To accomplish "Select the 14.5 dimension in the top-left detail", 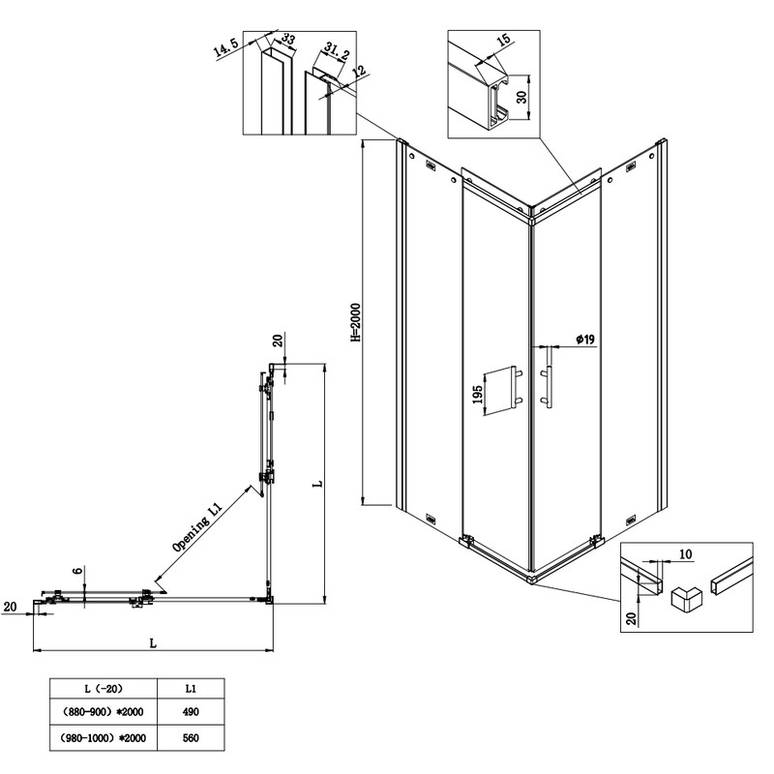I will pos(229,49).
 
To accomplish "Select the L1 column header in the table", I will pos(191,689).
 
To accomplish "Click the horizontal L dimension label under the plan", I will pos(153,641).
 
